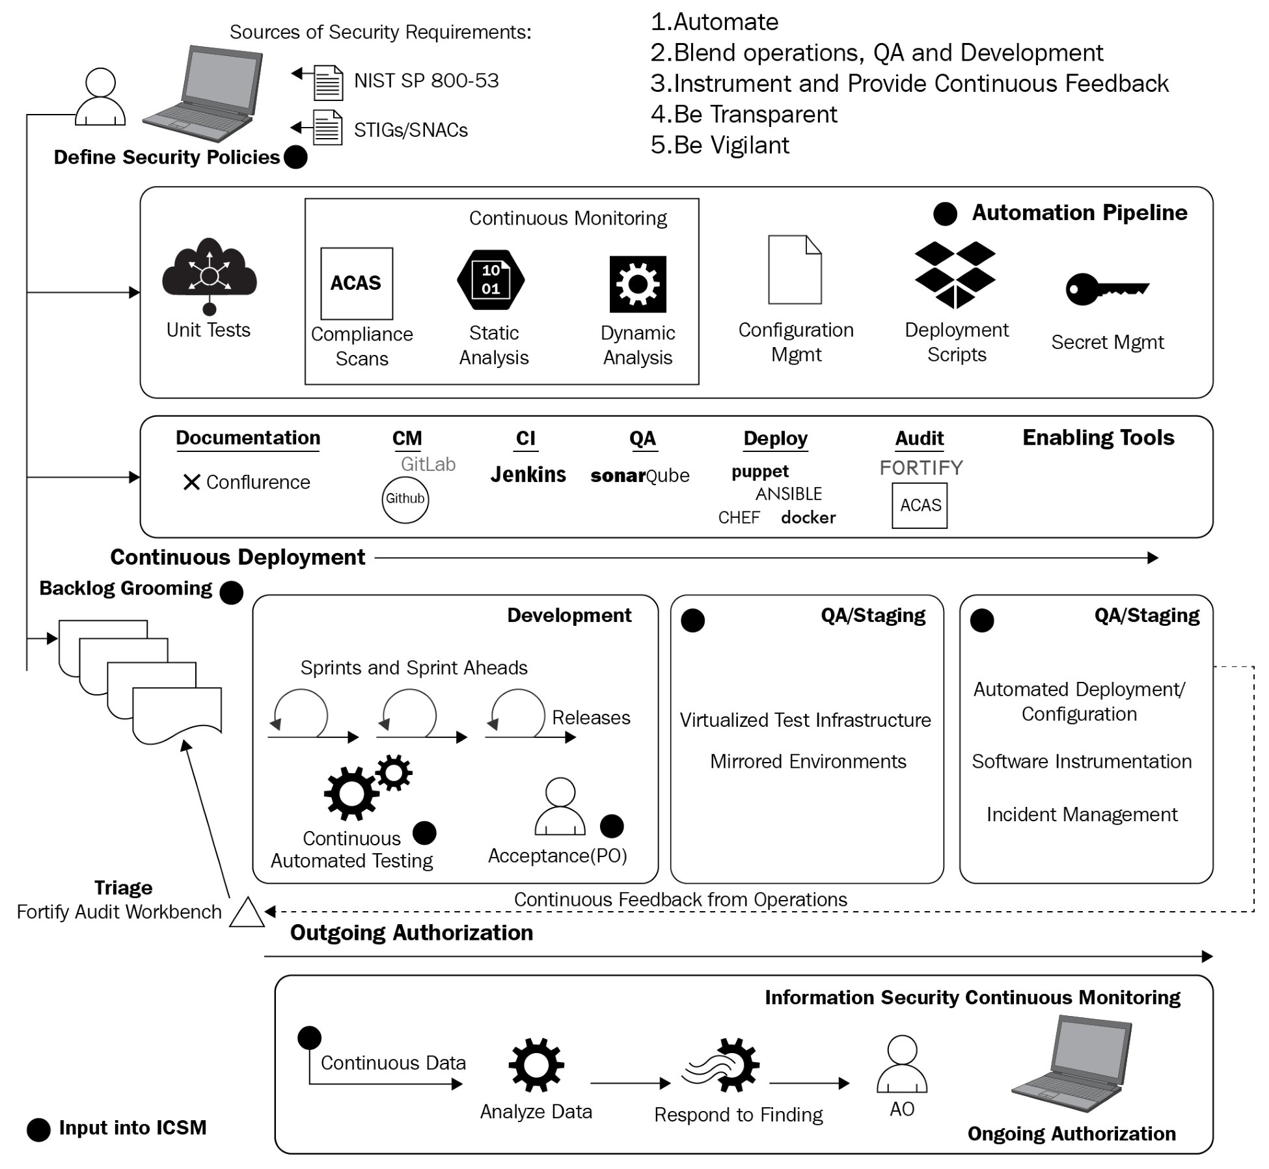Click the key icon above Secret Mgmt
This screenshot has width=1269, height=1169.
click(1106, 289)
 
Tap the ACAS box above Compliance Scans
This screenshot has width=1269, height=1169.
click(357, 283)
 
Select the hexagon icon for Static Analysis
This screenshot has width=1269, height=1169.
click(491, 280)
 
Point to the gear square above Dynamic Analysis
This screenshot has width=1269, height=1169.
click(638, 284)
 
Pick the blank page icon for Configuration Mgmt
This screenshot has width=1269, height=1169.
click(795, 270)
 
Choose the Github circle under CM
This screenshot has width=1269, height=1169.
click(405, 500)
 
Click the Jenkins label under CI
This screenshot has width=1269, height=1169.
click(528, 475)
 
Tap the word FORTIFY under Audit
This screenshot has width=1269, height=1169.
click(921, 468)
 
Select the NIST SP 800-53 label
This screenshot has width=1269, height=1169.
click(426, 81)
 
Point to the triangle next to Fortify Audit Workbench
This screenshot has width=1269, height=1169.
click(247, 912)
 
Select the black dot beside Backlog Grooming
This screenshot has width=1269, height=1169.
click(231, 593)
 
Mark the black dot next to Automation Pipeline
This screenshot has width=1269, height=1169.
click(945, 214)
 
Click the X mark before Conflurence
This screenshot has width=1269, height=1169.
click(191, 483)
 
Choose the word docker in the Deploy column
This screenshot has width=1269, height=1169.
click(808, 518)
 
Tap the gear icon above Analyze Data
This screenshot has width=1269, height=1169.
click(536, 1065)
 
